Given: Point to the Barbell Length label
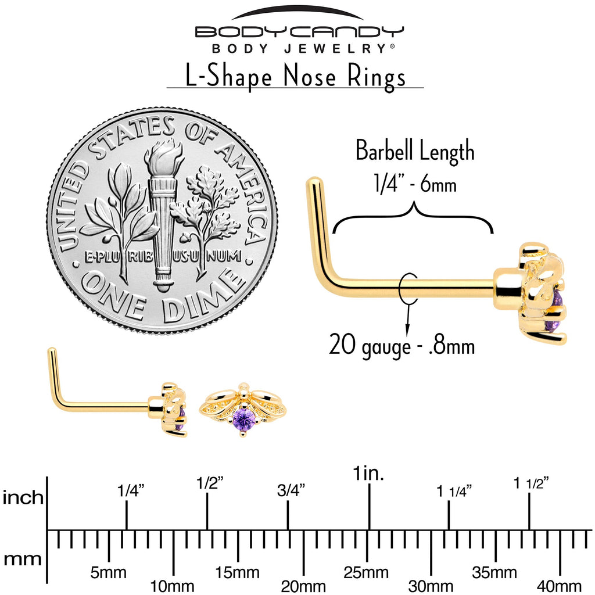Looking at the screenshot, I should (x=415, y=152).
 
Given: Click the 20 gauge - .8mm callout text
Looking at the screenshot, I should (x=402, y=345).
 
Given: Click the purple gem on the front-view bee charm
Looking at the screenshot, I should (x=243, y=419).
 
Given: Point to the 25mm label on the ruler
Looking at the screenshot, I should (x=367, y=573).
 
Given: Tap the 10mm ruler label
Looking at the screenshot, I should (x=173, y=586).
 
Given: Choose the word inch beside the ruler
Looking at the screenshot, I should (x=23, y=498).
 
